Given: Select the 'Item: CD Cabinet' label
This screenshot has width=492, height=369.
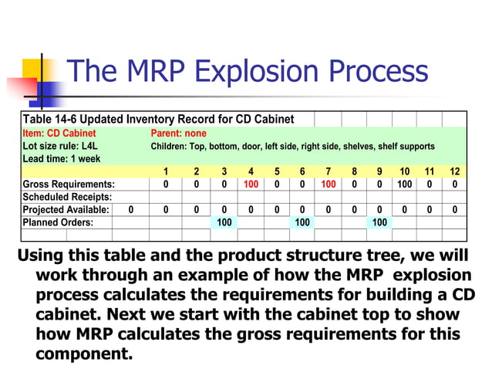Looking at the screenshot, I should (54, 133).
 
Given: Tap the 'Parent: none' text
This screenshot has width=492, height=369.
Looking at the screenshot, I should (178, 133).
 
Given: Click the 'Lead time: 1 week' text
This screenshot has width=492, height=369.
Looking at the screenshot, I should (60, 158).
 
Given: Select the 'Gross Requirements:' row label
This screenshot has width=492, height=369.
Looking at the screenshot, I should (69, 184).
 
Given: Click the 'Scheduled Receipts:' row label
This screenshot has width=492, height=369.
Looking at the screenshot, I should (68, 197).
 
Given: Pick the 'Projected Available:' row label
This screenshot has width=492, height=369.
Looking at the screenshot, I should (68, 209).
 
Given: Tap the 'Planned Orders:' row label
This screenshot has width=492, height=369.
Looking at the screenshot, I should (58, 222).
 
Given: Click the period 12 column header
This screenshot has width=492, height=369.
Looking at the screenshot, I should (455, 171).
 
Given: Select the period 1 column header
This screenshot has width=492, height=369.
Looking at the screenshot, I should (166, 171).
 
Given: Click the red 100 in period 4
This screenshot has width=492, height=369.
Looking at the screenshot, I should (251, 184).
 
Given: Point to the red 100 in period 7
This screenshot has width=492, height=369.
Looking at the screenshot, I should (328, 184).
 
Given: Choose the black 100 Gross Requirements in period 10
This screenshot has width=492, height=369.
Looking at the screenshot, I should (404, 184).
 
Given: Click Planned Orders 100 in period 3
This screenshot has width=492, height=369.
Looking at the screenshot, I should (224, 222).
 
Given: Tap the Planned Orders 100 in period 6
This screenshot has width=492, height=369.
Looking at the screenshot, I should (302, 222).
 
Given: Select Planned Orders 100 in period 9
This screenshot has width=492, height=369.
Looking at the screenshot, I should (379, 222).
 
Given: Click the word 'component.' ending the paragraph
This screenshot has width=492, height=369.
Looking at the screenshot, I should (84, 354).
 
